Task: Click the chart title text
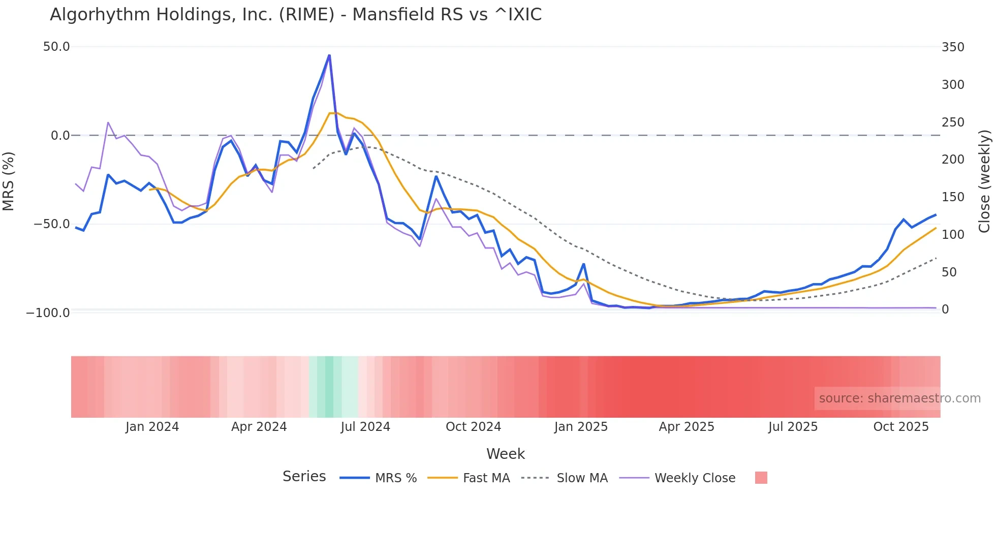(296, 15)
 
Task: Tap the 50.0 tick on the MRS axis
(56, 47)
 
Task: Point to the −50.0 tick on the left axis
(52, 224)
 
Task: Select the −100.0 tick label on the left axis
(48, 313)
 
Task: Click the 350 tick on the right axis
(953, 47)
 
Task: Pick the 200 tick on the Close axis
(953, 160)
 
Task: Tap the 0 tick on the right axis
(945, 309)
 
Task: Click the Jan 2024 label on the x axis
(152, 427)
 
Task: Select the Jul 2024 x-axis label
(365, 427)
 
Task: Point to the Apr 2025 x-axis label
(687, 427)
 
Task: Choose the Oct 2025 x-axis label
(901, 427)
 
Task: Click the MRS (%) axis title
(9, 181)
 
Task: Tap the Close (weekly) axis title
(984, 181)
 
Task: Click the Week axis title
(506, 454)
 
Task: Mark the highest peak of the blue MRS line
(329, 55)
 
